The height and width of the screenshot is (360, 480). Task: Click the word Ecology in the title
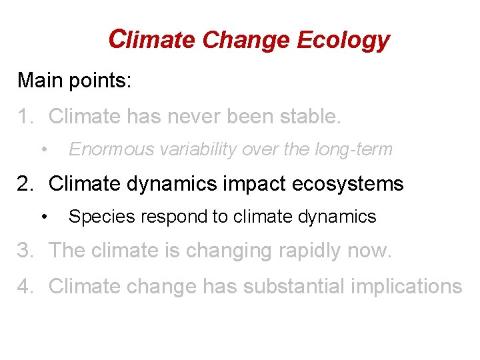[343, 41]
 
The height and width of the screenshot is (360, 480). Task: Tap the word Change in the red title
[247, 41]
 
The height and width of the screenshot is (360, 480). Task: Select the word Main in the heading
[39, 81]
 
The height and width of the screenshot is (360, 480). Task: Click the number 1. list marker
[25, 117]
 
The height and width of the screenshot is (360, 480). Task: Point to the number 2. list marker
[25, 183]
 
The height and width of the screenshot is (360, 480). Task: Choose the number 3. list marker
[25, 250]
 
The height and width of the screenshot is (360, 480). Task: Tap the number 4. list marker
[25, 286]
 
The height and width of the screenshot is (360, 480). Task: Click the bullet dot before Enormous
[44, 148]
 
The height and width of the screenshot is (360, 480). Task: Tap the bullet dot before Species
[44, 215]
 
